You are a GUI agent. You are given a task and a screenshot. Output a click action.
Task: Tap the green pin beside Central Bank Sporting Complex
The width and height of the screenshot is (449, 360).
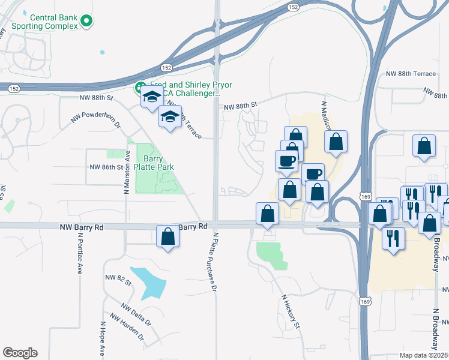coord(87,22)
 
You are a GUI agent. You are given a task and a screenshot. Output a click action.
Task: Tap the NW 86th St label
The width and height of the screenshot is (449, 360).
coord(106,167)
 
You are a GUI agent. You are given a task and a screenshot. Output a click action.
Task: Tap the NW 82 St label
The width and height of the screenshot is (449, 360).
coord(118,278)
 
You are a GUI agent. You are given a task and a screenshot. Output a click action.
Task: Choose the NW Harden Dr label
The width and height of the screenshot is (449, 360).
coord(126,326)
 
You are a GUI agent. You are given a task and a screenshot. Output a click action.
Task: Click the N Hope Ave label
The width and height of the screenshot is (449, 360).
coord(103,340)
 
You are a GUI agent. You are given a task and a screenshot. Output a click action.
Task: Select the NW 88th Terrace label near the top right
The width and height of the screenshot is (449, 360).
coord(411,73)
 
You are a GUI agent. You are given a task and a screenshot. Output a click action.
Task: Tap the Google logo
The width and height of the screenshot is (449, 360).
coord(20,353)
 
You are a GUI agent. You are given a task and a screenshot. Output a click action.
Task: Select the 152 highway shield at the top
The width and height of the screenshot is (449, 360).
coord(292,7)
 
